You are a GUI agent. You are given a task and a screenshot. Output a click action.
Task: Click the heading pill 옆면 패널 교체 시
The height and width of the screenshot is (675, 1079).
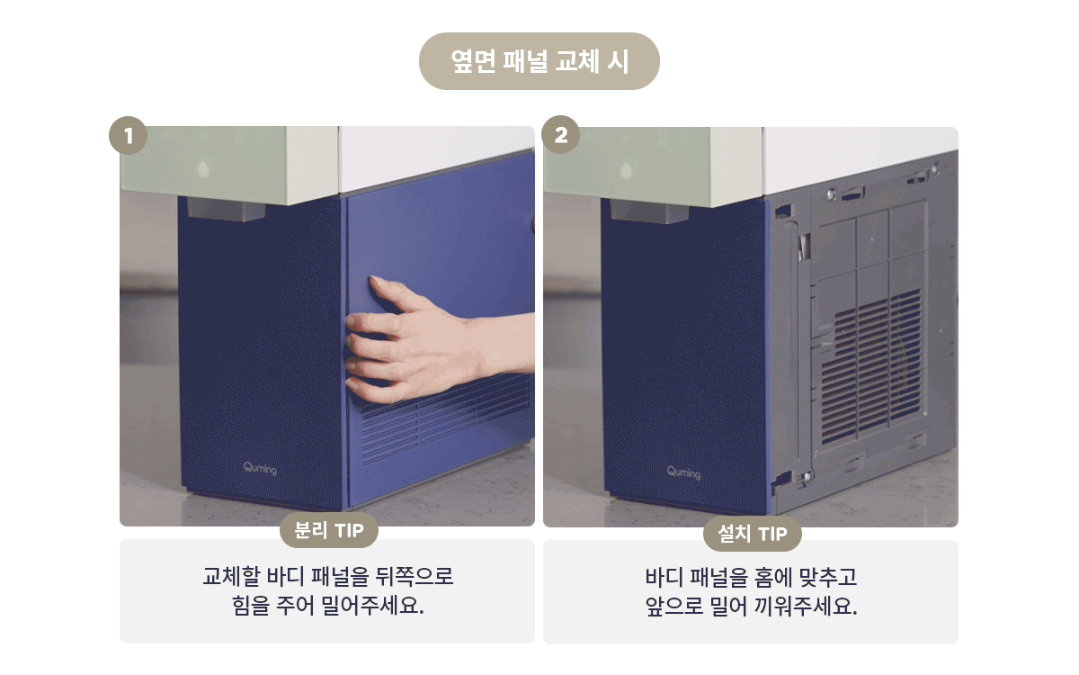[x=539, y=61]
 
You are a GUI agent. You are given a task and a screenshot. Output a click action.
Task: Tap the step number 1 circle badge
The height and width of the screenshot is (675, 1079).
[x=128, y=136]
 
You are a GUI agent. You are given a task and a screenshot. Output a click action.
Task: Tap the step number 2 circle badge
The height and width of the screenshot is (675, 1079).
[x=561, y=134]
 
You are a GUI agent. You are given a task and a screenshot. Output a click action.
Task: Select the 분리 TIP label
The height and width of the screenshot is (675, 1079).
[x=329, y=530]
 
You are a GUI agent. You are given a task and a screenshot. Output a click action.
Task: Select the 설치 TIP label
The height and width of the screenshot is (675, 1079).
[x=753, y=534]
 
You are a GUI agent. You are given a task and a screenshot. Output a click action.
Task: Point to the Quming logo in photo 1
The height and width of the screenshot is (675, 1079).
[x=260, y=469]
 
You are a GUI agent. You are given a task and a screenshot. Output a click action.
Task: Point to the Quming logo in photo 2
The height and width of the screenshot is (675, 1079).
[x=683, y=472]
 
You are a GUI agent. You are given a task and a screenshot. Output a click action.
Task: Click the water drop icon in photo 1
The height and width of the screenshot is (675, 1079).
[x=204, y=168]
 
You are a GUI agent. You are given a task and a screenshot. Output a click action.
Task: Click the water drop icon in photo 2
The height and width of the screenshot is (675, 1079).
[x=627, y=171]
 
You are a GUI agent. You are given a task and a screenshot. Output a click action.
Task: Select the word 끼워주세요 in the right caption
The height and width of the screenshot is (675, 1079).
[x=806, y=606]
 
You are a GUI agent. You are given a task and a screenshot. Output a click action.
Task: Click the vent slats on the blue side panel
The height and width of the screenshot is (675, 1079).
[x=446, y=418]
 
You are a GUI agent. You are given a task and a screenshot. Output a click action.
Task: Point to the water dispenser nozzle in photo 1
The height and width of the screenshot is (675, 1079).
[x=226, y=209]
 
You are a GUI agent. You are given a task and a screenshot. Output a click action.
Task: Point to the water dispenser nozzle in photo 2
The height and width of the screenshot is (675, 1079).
[x=649, y=211]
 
